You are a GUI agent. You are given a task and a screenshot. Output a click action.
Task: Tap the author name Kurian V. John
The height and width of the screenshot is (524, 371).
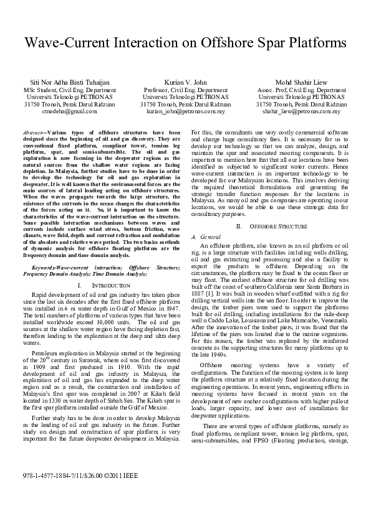(185, 82)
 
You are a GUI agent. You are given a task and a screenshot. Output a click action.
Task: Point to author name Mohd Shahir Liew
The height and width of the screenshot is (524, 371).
(301, 82)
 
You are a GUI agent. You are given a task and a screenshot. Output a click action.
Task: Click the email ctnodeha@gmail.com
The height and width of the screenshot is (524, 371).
(70, 112)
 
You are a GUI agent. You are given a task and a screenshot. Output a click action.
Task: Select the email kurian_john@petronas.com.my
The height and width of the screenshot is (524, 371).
(185, 112)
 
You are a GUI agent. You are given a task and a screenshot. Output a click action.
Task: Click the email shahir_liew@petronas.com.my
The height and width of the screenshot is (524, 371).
(301, 112)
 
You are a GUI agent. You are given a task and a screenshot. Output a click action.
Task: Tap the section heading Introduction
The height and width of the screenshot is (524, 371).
(105, 285)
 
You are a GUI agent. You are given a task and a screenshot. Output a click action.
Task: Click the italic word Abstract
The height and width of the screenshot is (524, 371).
(32, 133)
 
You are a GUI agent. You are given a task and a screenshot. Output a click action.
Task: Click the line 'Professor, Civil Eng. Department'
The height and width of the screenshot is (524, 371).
(185, 90)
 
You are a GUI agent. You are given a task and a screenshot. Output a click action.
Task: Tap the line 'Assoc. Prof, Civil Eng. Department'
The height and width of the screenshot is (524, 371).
(301, 90)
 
